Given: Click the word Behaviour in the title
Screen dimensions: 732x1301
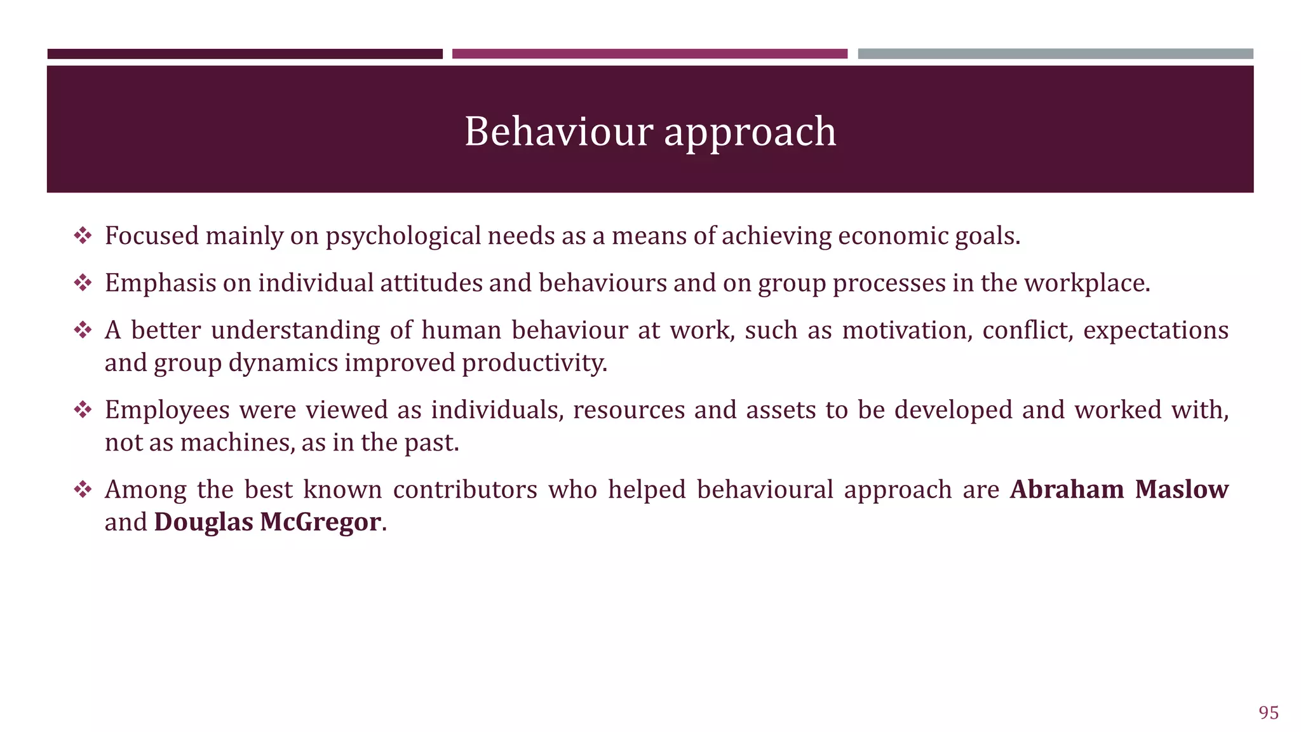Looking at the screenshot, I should pyautogui.click(x=558, y=132).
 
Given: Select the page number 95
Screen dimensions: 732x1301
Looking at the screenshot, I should pyautogui.click(x=1268, y=713).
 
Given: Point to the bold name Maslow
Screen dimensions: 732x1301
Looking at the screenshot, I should pyautogui.click(x=1182, y=489).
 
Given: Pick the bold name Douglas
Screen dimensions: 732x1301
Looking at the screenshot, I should pyautogui.click(x=203, y=522).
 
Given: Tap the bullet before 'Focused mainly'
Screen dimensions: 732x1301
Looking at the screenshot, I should pyautogui.click(x=83, y=236).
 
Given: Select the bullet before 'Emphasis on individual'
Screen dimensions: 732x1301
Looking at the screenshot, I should pyautogui.click(x=83, y=283).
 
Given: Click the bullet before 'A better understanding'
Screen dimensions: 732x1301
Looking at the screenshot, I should pyautogui.click(x=83, y=330).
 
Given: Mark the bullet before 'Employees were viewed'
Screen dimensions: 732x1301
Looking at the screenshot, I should pyautogui.click(x=83, y=410).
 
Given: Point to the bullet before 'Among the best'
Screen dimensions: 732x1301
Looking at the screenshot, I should pyautogui.click(x=83, y=490).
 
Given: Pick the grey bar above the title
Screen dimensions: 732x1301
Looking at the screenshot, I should pyautogui.click(x=1055, y=54).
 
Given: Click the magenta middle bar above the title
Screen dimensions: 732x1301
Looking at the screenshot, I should pyautogui.click(x=649, y=54).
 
